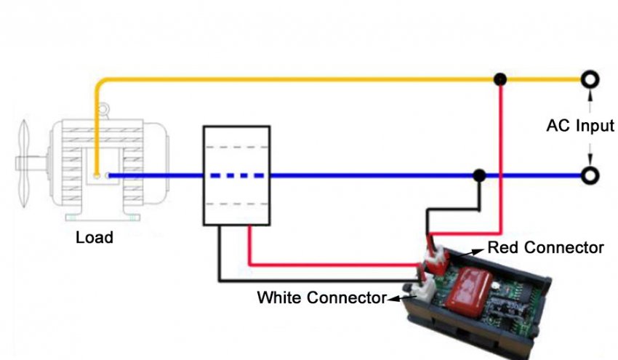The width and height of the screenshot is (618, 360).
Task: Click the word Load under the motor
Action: tap(95, 237)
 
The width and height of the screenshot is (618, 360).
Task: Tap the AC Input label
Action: tap(579, 126)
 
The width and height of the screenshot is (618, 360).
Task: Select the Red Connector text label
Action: tap(545, 248)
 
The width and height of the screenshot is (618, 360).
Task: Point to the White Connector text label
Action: tap(321, 297)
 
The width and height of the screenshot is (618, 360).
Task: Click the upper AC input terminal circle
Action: tap(590, 79)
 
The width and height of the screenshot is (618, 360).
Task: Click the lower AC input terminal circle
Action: tap(590, 175)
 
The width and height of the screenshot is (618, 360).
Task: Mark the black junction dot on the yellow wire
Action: tap(499, 79)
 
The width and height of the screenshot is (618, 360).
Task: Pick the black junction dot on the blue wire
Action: tap(479, 175)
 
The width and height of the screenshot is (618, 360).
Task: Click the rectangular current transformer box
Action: tap(236, 175)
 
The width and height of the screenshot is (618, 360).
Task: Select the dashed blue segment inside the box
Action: tap(236, 175)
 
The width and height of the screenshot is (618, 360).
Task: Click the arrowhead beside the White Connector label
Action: tap(401, 297)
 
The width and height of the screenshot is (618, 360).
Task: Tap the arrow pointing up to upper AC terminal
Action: tap(590, 95)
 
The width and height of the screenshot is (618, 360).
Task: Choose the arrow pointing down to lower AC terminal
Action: tap(590, 159)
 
